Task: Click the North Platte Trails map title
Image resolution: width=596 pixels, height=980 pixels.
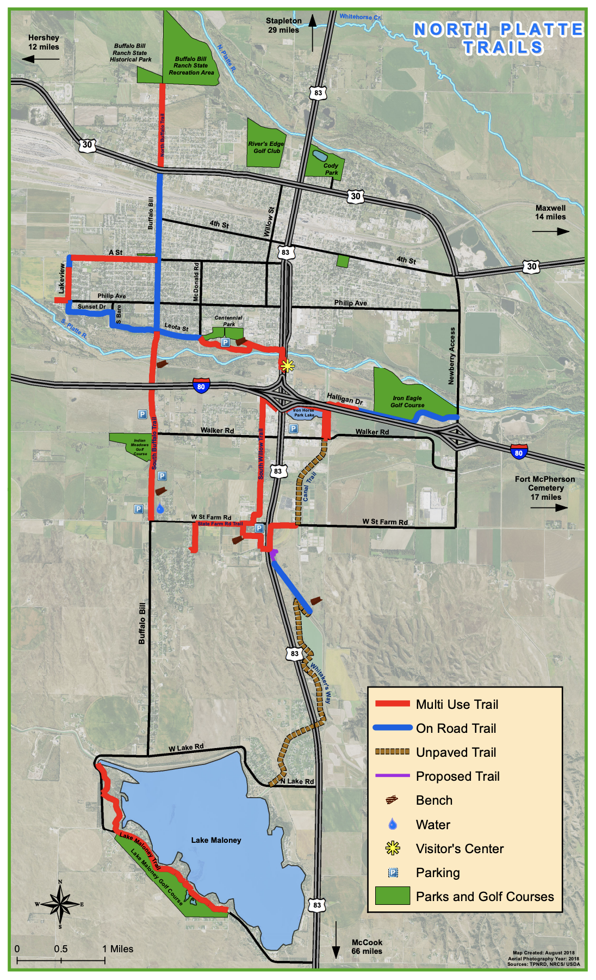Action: (498, 38)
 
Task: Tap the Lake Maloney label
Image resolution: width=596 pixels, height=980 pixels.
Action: (216, 840)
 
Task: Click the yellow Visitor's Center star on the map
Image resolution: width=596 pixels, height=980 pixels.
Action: (287, 365)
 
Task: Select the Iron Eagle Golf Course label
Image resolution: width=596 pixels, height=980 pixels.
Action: (407, 402)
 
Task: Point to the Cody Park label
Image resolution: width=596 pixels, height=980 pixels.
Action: (331, 169)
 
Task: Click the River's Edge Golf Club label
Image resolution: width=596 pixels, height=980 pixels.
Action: (266, 148)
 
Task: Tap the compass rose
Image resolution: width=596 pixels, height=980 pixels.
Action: (60, 904)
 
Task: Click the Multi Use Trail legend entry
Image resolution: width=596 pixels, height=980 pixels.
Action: (457, 705)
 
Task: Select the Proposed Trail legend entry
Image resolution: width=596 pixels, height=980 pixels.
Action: (457, 776)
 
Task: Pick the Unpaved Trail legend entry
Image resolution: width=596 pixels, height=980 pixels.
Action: (456, 752)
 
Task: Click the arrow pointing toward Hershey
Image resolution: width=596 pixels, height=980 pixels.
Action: (41, 58)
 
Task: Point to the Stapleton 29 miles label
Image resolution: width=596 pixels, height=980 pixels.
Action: (283, 25)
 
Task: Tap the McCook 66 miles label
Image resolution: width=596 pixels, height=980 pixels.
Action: (367, 947)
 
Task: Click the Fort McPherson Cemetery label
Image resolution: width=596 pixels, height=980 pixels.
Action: (545, 488)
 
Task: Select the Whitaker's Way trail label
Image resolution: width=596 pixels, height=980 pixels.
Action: (321, 683)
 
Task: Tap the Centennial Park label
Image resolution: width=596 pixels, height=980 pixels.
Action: (228, 321)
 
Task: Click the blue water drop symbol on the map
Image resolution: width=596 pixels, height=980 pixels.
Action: (160, 509)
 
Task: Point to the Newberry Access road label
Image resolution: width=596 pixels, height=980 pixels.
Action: (451, 356)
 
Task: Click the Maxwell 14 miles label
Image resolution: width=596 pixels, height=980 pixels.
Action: (550, 212)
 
